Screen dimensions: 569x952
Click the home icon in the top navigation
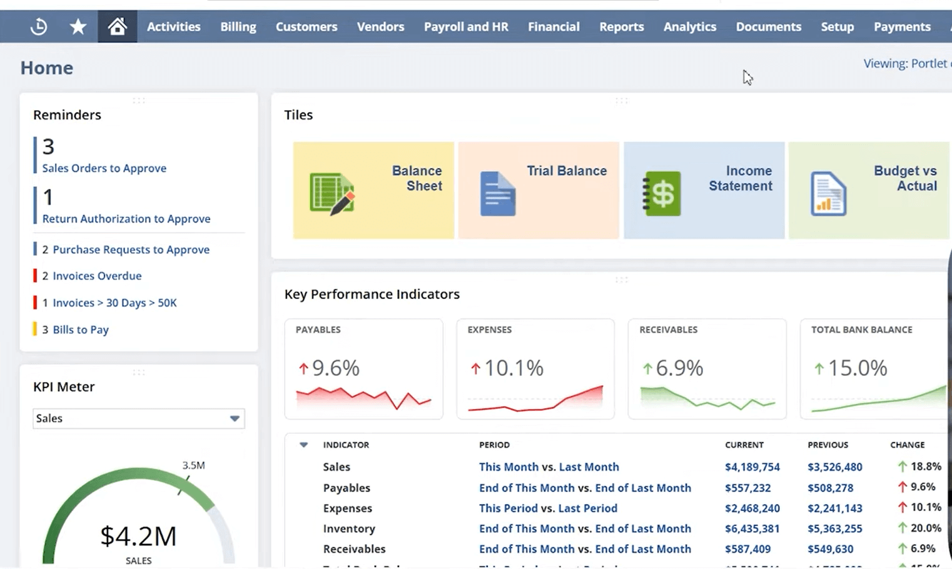point(117,26)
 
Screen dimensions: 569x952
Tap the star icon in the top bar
point(78,26)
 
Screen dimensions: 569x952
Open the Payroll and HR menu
point(465,27)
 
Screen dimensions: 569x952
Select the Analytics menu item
point(689,27)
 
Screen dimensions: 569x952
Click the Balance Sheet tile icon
point(332,194)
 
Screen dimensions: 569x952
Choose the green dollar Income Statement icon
point(662,194)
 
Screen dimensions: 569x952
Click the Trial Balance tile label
point(566,171)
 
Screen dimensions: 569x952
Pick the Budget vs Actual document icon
point(828,194)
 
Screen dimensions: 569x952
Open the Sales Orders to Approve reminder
point(104,168)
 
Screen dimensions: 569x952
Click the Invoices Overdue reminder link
point(97,276)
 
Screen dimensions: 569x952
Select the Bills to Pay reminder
point(81,330)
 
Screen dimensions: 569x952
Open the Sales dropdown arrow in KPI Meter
point(235,418)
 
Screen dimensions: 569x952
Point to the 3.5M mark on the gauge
point(193,465)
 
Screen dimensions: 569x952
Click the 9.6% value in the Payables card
point(335,368)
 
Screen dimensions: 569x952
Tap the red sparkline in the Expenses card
point(535,400)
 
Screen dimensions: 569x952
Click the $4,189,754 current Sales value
point(752,467)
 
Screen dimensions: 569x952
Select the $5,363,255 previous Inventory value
point(834,528)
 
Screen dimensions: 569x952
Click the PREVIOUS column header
point(828,445)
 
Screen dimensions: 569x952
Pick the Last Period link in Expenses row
point(587,508)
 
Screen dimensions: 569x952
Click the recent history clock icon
point(39,26)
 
